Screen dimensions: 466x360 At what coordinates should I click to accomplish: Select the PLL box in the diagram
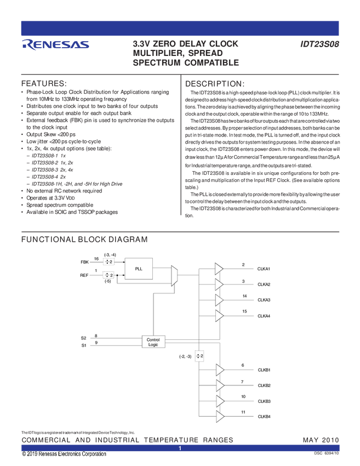click(139, 269)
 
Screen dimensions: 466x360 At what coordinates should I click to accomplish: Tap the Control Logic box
click(153, 342)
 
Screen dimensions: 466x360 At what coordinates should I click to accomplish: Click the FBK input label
click(84, 262)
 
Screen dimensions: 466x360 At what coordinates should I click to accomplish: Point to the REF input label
click(84, 275)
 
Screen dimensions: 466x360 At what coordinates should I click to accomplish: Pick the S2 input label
click(84, 338)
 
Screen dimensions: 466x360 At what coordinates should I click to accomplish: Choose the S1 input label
click(84, 345)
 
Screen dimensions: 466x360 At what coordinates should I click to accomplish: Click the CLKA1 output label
click(264, 269)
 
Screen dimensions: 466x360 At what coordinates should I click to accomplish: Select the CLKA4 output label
click(264, 316)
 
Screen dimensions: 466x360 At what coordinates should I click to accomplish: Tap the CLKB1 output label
click(264, 370)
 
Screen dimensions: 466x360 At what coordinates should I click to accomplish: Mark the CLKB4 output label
click(264, 417)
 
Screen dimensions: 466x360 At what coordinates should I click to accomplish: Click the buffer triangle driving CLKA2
click(219, 284)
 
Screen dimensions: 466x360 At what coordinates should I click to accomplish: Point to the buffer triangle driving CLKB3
click(220, 401)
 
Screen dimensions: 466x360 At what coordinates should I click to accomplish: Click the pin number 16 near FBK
click(96, 258)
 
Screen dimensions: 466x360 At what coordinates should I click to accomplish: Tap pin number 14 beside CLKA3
click(244, 296)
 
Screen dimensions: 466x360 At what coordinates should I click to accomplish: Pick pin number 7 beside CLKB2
click(242, 382)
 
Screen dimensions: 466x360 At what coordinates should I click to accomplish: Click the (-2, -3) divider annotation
click(185, 356)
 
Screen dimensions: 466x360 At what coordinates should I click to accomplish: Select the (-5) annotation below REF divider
click(108, 281)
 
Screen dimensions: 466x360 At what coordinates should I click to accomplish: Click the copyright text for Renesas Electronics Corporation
click(64, 454)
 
